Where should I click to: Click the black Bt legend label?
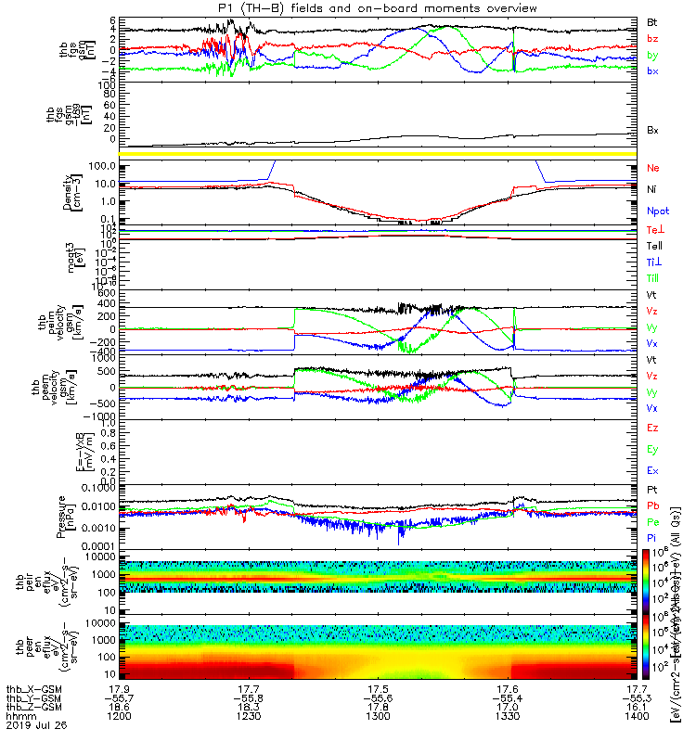pos(652,21)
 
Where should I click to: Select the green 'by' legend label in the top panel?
pos(652,56)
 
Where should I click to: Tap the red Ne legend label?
pos(653,169)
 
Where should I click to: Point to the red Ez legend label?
pos(652,429)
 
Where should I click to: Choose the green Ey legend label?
pos(652,450)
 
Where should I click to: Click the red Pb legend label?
pos(653,507)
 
